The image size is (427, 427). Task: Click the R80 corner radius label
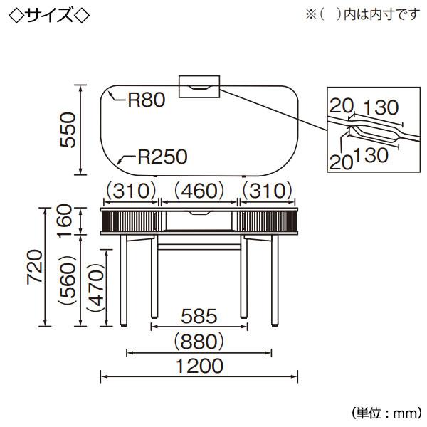[x=147, y=100]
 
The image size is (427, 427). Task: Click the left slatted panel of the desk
[x=130, y=221]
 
